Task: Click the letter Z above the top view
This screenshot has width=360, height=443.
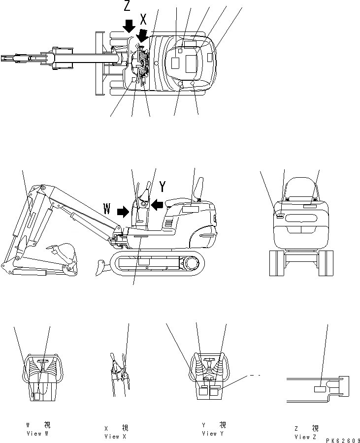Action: pos(127,6)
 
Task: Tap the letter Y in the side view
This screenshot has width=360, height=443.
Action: pos(163,187)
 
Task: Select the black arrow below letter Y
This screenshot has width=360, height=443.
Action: pos(157,204)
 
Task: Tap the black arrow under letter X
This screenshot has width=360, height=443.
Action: pos(143,35)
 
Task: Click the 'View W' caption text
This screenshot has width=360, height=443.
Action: pos(37,434)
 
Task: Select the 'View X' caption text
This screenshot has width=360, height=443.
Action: pos(112,436)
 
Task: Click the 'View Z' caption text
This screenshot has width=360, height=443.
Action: pos(302,437)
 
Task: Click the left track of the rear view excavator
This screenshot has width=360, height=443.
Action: pos(276,263)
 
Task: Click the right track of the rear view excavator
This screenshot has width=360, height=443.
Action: pos(327,263)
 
